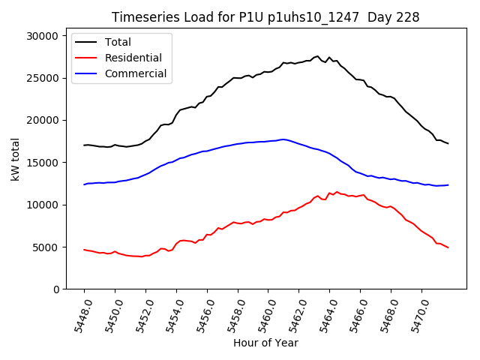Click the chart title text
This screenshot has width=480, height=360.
click(265, 16)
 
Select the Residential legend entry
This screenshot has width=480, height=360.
click(124, 57)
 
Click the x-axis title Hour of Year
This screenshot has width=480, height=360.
click(265, 343)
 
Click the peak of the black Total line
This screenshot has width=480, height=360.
click(317, 56)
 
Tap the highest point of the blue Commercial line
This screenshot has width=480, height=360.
click(283, 139)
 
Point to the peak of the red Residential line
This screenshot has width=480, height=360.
click(337, 192)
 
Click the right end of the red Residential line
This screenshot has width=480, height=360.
click(448, 247)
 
